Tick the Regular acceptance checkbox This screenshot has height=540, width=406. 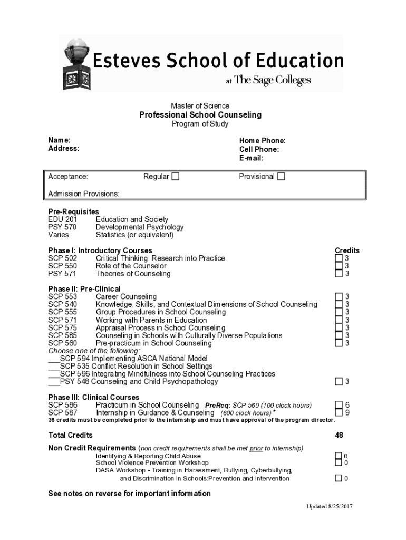click(175, 177)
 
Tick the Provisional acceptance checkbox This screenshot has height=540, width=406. click(281, 177)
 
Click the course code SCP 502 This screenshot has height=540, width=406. click(62, 258)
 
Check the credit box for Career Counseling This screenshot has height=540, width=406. click(339, 297)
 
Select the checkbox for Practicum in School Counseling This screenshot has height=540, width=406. click(339, 405)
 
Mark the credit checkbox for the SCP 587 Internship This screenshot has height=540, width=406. click(339, 412)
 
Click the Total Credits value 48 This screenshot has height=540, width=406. click(339, 435)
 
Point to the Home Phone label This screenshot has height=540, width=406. click(262, 141)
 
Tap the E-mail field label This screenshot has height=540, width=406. click(251, 158)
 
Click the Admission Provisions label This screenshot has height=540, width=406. click(84, 194)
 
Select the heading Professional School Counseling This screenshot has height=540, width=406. click(200, 115)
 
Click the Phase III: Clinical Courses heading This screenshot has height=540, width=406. click(93, 397)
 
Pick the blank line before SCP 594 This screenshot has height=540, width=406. click(53, 359)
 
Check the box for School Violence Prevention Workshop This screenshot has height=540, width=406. click(338, 462)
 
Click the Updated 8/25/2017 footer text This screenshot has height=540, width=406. click(330, 507)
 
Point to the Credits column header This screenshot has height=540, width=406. click(347, 250)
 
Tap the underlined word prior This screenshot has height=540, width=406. click(256, 448)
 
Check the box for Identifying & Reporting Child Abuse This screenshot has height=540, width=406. click(338, 455)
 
